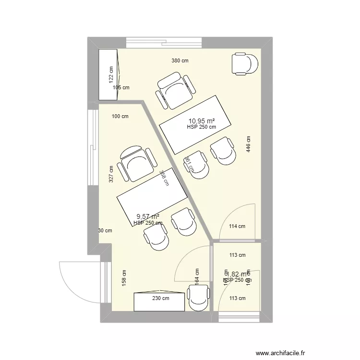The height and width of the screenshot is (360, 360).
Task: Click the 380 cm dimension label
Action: click(180, 61)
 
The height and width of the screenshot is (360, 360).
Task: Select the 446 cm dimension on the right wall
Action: click(248, 144)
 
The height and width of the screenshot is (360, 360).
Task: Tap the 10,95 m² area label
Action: click(201, 120)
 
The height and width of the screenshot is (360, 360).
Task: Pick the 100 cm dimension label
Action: click(120, 116)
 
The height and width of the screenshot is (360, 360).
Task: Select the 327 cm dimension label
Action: click(111, 174)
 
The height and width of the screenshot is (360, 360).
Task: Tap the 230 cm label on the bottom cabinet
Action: click(161, 298)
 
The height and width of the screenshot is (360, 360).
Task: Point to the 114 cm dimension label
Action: click(237, 227)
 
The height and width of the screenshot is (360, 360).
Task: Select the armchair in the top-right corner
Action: click(245, 64)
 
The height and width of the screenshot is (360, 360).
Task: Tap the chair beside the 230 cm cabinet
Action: click(198, 297)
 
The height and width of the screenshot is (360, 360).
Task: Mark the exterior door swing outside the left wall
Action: click(79, 281)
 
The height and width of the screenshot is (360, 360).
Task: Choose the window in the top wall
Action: click(164, 43)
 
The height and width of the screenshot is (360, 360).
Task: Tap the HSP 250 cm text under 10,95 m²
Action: click(201, 127)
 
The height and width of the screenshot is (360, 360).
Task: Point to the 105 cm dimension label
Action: click(121, 88)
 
